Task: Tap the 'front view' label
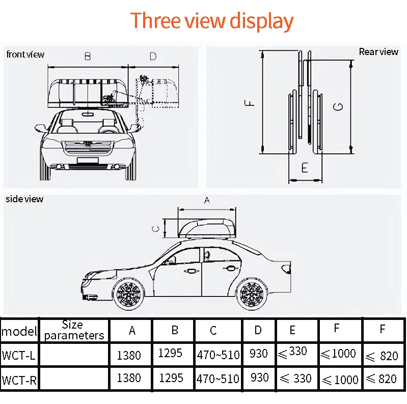tap(25, 54)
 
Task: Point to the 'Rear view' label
tap(378, 51)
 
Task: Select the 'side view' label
tap(24, 199)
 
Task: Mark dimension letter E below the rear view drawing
tap(305, 167)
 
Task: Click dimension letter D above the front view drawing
tap(153, 56)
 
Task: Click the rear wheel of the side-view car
tap(251, 294)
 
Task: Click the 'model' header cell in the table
tap(19, 332)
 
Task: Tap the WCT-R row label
tap(19, 380)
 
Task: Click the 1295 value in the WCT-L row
tap(170, 353)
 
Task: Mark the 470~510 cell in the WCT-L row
tap(218, 355)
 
